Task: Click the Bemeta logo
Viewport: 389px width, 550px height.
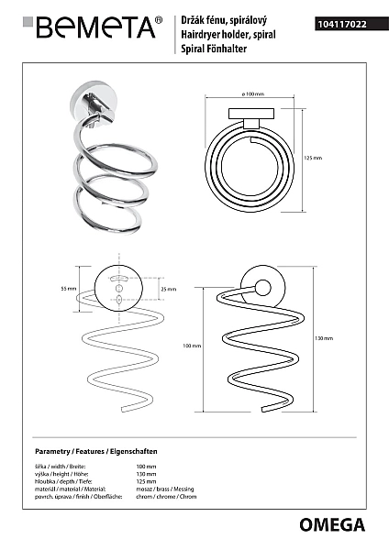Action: pos(93,27)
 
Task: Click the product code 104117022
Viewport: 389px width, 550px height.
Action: pos(342,24)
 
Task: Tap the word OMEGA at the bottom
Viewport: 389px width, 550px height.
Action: pos(332,525)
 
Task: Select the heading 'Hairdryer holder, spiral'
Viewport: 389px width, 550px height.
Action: pos(228,35)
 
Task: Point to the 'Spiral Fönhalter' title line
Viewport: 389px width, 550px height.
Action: pos(214,49)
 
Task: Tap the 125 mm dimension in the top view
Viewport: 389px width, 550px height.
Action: pos(313,159)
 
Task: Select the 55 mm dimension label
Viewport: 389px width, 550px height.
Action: pos(69,289)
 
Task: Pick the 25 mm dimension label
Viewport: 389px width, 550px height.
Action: pos(169,290)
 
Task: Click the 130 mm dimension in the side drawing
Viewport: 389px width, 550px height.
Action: pos(324,338)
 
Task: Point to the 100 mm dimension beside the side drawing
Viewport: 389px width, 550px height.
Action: pos(192,346)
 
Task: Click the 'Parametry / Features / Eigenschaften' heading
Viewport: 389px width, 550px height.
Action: pos(96,451)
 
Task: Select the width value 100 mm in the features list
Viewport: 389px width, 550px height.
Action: pos(146,467)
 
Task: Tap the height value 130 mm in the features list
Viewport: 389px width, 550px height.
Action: pos(146,474)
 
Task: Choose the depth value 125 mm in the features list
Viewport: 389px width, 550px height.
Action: pos(146,481)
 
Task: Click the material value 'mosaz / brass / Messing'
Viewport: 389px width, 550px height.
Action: pos(165,489)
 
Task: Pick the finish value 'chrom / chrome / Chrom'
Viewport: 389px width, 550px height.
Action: pos(166,497)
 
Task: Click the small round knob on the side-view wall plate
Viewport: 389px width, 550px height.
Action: pos(263,288)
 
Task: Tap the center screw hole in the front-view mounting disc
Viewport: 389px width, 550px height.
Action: pos(119,289)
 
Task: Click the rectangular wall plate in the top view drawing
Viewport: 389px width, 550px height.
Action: pos(251,114)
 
